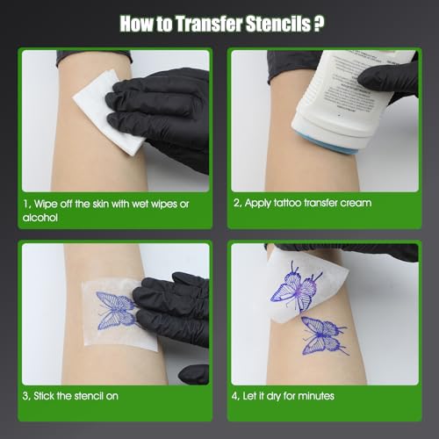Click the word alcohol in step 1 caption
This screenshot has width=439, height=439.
tap(42, 217)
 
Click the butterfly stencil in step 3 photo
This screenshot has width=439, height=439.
tap(112, 311)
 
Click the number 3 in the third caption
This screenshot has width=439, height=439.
tap(26, 396)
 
